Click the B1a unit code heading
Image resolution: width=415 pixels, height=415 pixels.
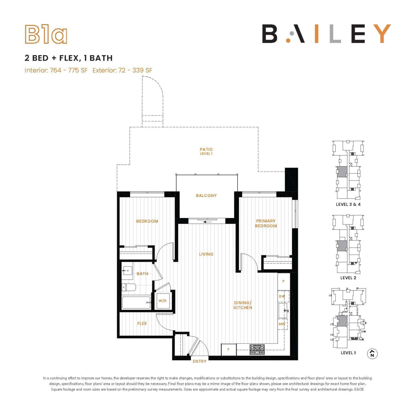tap(46, 35)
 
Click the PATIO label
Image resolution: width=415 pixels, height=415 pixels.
tap(206, 149)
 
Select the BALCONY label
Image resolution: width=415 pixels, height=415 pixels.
tap(206, 195)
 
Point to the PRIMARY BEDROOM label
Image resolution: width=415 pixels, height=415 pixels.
tap(266, 223)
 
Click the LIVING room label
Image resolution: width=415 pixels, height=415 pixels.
tap(206, 254)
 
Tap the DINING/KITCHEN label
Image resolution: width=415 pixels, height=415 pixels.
tap(243, 305)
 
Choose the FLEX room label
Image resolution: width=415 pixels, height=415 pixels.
tap(142, 323)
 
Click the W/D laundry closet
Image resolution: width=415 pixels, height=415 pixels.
tap(163, 301)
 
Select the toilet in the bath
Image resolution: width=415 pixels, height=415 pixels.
tap(129, 287)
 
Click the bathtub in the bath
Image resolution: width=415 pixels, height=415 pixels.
tap(136, 303)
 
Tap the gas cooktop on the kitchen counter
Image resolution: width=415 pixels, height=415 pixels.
tap(257, 350)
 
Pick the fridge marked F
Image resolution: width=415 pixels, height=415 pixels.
tap(229, 350)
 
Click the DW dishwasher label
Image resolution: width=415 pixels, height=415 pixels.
tap(282, 296)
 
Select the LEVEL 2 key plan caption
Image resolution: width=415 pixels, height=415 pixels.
tap(348, 278)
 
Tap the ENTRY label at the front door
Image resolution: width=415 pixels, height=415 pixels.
tap(200, 361)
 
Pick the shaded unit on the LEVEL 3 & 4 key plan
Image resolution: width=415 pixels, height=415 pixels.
tap(342, 172)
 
